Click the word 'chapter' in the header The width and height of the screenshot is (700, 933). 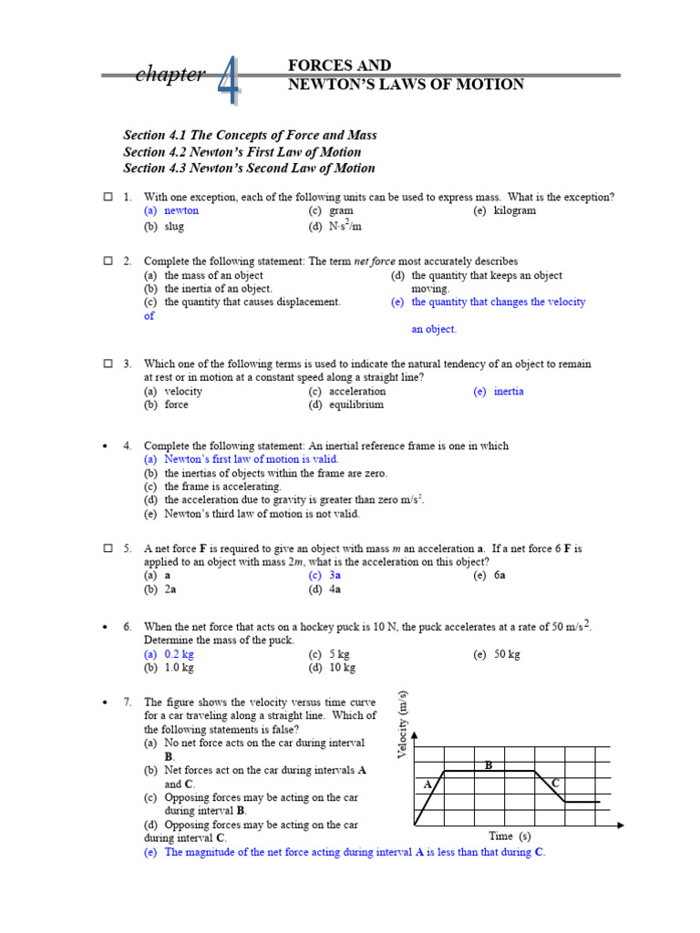(x=170, y=75)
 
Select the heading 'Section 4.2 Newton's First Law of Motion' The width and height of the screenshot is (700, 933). (x=242, y=152)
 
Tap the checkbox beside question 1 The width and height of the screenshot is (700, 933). (x=107, y=197)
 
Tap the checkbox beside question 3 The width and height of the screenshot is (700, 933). (x=107, y=364)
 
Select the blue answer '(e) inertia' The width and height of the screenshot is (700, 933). (x=499, y=391)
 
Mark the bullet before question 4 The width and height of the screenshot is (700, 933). (x=107, y=446)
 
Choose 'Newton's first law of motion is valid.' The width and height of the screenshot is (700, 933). (x=242, y=459)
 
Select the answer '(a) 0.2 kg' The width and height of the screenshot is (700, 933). (x=169, y=654)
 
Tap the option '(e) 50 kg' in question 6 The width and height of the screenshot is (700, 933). (x=496, y=654)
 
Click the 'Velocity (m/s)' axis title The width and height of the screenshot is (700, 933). (x=402, y=723)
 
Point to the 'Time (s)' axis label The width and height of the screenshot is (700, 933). (x=510, y=836)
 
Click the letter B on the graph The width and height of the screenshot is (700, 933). (x=489, y=765)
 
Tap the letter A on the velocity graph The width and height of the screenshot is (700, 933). (x=427, y=784)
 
